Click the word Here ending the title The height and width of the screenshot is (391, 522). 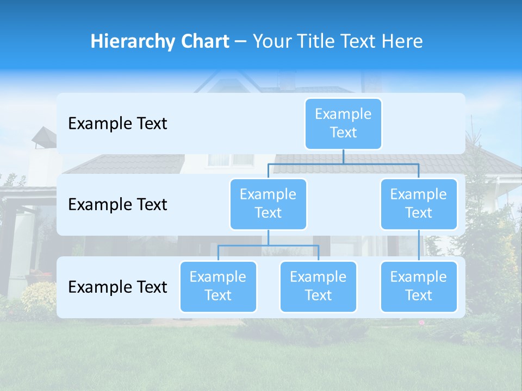click(402, 42)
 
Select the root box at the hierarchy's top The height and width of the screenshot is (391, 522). click(343, 123)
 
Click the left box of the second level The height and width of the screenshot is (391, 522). click(268, 204)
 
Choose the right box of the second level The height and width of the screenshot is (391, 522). click(419, 204)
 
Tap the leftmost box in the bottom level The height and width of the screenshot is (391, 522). click(218, 286)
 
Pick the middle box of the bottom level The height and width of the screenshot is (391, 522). click(318, 286)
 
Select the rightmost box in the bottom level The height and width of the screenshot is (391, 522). click(419, 286)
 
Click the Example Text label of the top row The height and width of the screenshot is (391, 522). click(117, 124)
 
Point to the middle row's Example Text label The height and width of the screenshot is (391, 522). click(117, 205)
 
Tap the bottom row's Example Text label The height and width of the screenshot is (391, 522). click(117, 287)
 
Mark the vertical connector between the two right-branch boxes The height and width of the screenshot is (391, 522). click(419, 245)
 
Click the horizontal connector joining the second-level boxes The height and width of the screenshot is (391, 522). click(343, 163)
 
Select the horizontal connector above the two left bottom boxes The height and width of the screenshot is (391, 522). click(268, 245)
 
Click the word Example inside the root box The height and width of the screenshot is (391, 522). click(343, 114)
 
